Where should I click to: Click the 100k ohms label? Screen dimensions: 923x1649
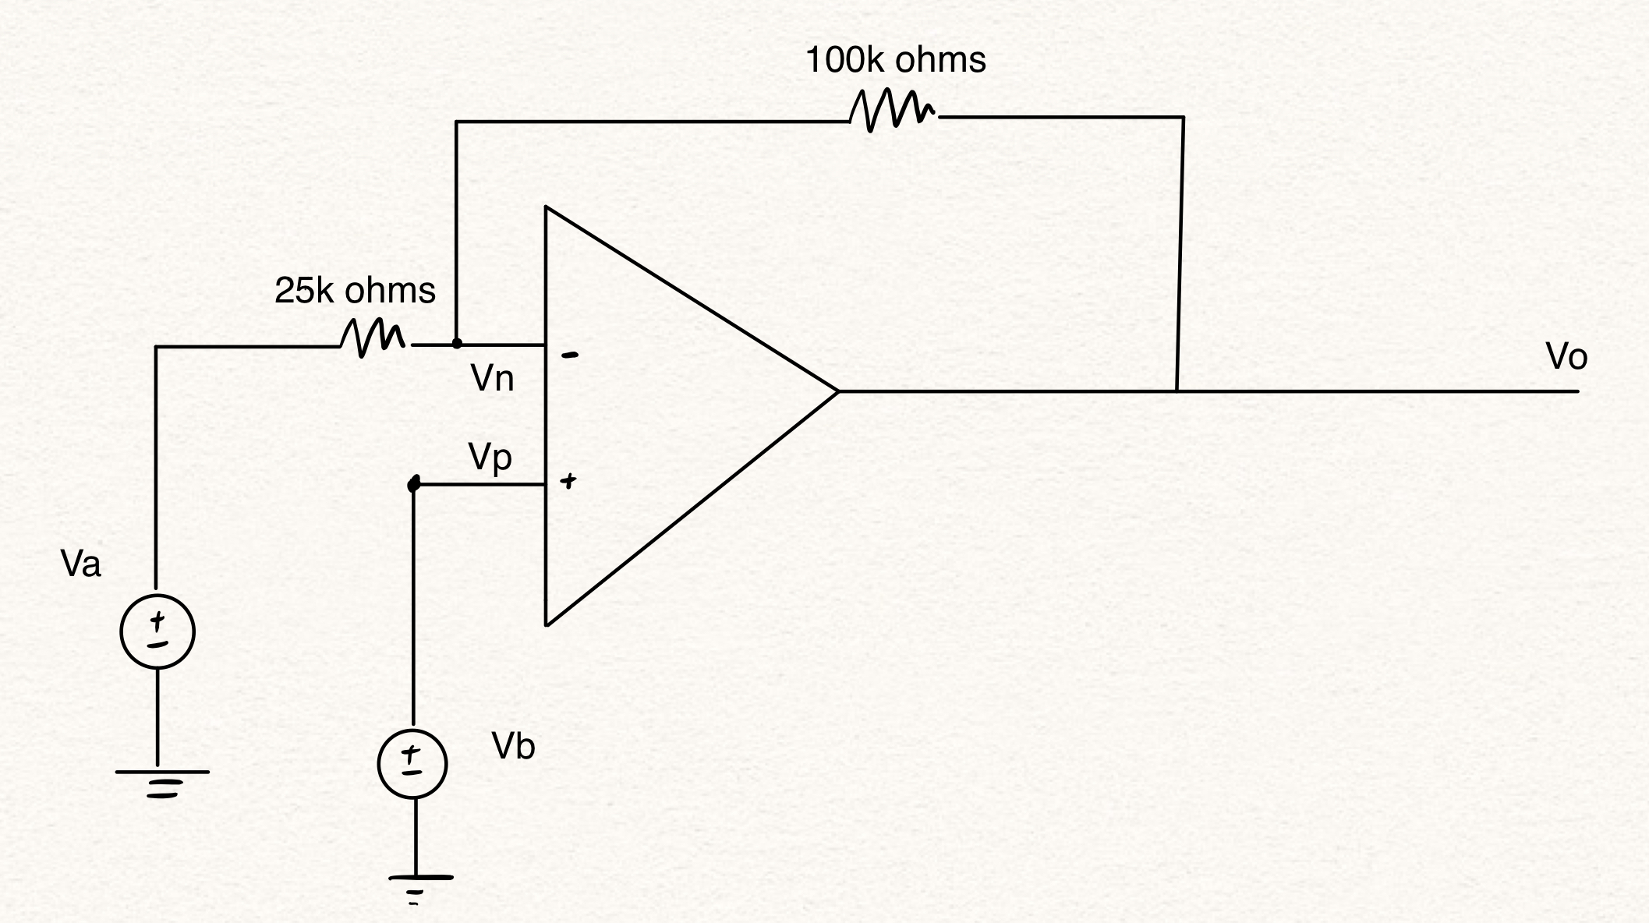pyautogui.click(x=895, y=61)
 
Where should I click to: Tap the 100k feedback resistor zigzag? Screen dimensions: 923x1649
pyautogui.click(x=893, y=111)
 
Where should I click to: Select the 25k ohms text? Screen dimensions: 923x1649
pyautogui.click(x=355, y=291)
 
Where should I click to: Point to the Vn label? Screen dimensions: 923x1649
pyautogui.click(x=492, y=379)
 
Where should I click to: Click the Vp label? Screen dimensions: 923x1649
pyautogui.click(x=490, y=457)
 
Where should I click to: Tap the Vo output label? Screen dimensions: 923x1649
pyautogui.click(x=1566, y=357)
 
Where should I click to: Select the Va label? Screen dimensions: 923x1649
pyautogui.click(x=80, y=564)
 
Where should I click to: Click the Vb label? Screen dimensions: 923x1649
pyautogui.click(x=513, y=747)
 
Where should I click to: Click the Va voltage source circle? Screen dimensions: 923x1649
pyautogui.click(x=157, y=631)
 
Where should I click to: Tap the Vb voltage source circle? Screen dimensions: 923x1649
pyautogui.click(x=412, y=764)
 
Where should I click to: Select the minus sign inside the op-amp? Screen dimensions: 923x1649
pyautogui.click(x=571, y=355)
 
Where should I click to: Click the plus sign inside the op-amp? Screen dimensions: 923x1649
pyautogui.click(x=569, y=481)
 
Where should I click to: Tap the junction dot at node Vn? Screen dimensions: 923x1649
pyautogui.click(x=457, y=343)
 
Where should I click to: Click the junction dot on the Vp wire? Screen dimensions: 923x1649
pyautogui.click(x=414, y=485)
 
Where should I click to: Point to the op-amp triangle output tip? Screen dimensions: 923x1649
pyautogui.click(x=837, y=391)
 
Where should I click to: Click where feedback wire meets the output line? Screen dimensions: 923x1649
pyautogui.click(x=1177, y=390)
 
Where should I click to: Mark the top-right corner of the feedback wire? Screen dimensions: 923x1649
pyautogui.click(x=1183, y=118)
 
